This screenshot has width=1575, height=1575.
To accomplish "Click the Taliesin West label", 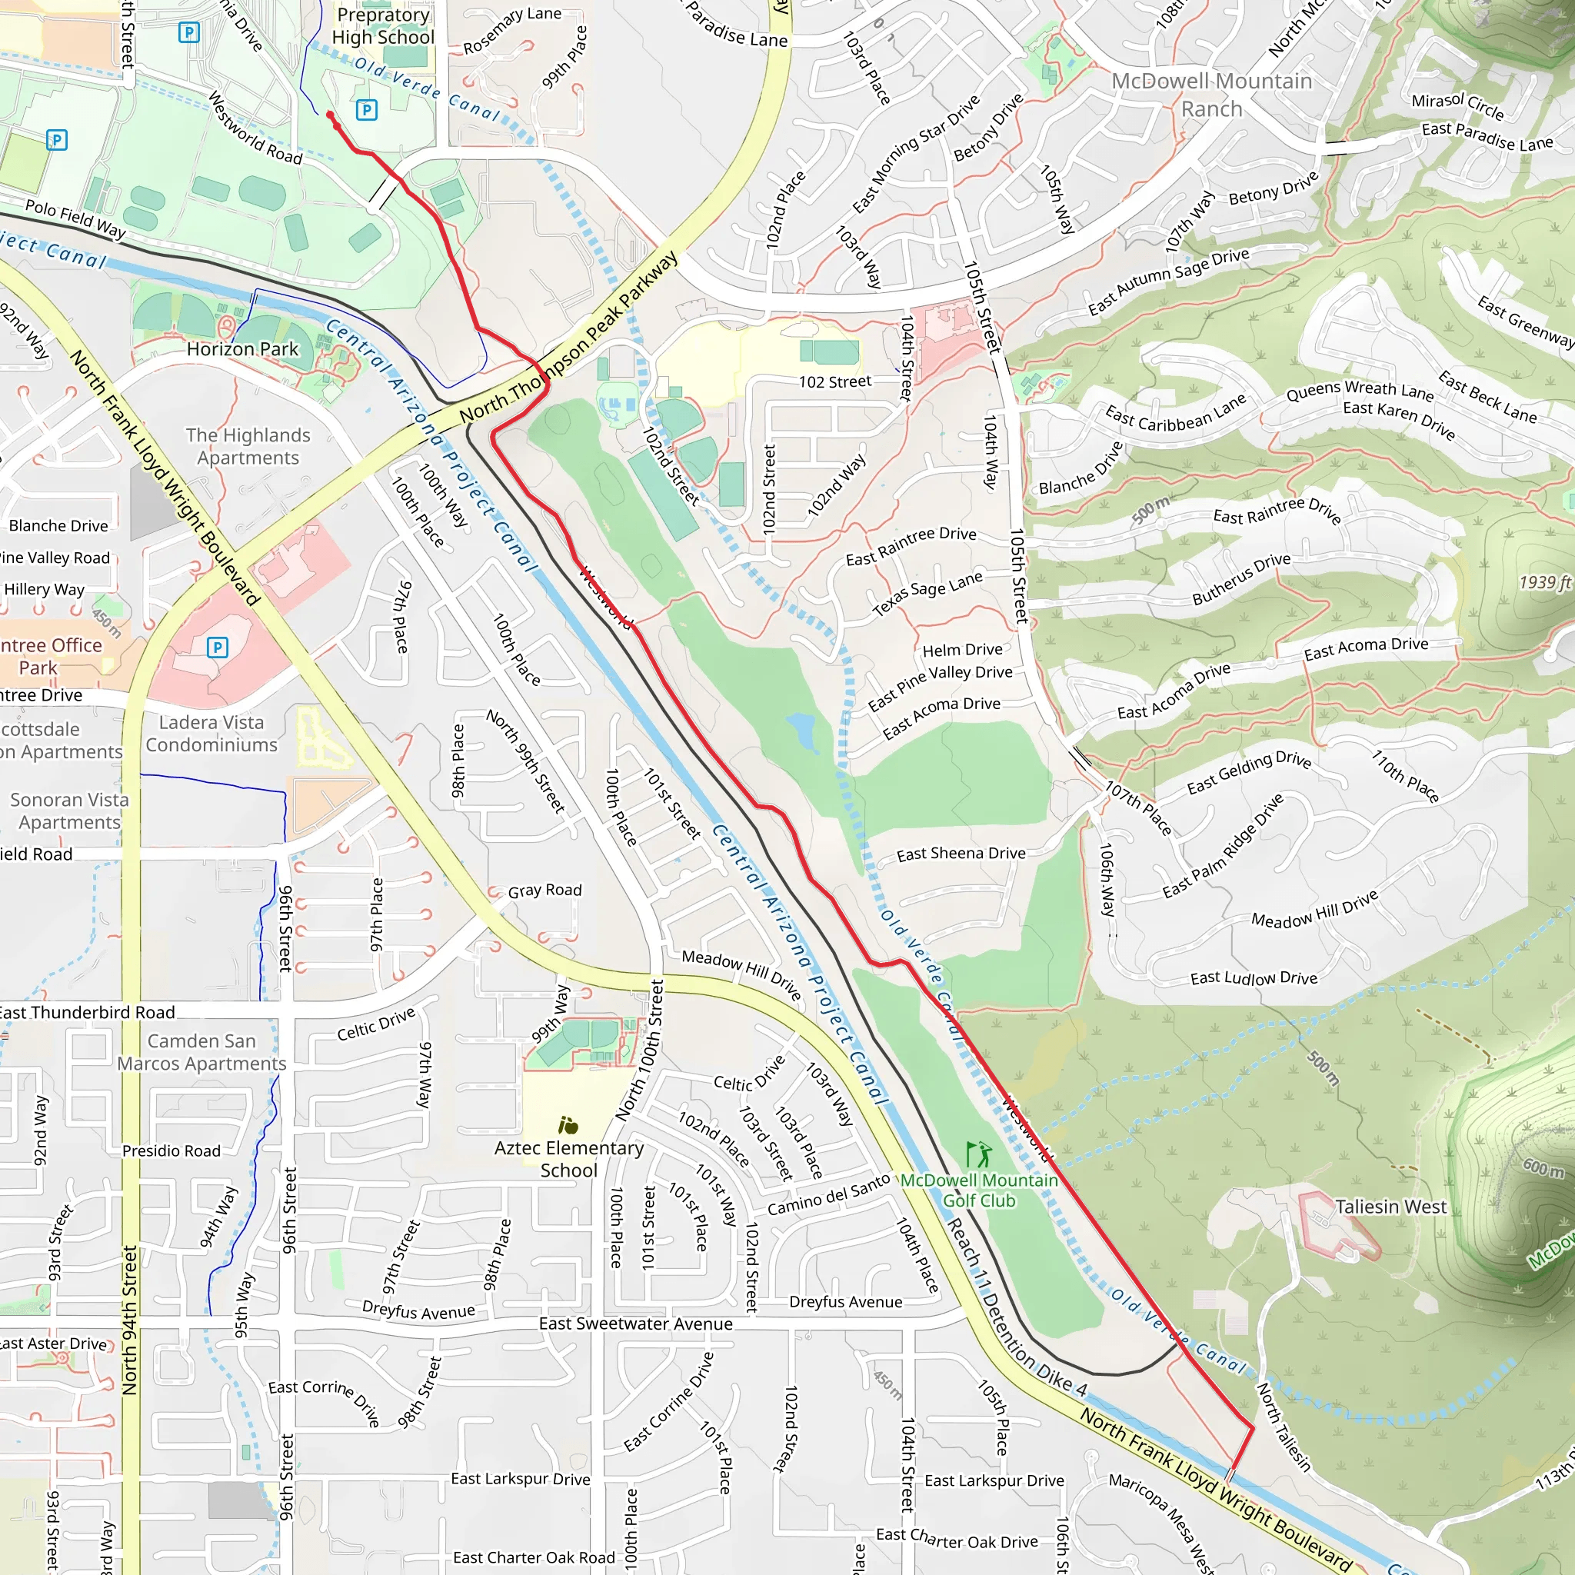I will point(1390,1207).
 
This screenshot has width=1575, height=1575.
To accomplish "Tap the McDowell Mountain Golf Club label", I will point(978,1190).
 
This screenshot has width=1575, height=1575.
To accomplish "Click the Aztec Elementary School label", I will point(569,1158).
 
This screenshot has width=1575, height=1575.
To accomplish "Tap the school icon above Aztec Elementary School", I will point(568,1126).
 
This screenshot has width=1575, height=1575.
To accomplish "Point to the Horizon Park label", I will point(242,349).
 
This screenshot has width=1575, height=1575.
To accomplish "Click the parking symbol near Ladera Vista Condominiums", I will point(217,648).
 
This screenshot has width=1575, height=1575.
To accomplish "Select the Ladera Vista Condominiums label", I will point(212,734).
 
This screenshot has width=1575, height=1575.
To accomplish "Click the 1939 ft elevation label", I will point(1545,582).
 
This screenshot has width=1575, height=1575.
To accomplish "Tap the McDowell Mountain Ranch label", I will point(1212,95).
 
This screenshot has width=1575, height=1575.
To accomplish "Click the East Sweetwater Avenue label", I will point(636,1324).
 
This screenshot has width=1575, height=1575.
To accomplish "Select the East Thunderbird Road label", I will point(88,1013).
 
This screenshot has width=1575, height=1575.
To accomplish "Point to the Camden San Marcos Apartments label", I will point(201,1053).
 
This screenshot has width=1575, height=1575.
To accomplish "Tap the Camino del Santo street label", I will point(829,1194).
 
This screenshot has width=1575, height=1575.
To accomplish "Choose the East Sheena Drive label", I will point(961,854).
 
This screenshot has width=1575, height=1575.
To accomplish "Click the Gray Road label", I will point(544,891).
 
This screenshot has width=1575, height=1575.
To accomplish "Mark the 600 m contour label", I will point(1543,1167).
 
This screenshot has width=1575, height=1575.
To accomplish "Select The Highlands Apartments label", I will point(248,446).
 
